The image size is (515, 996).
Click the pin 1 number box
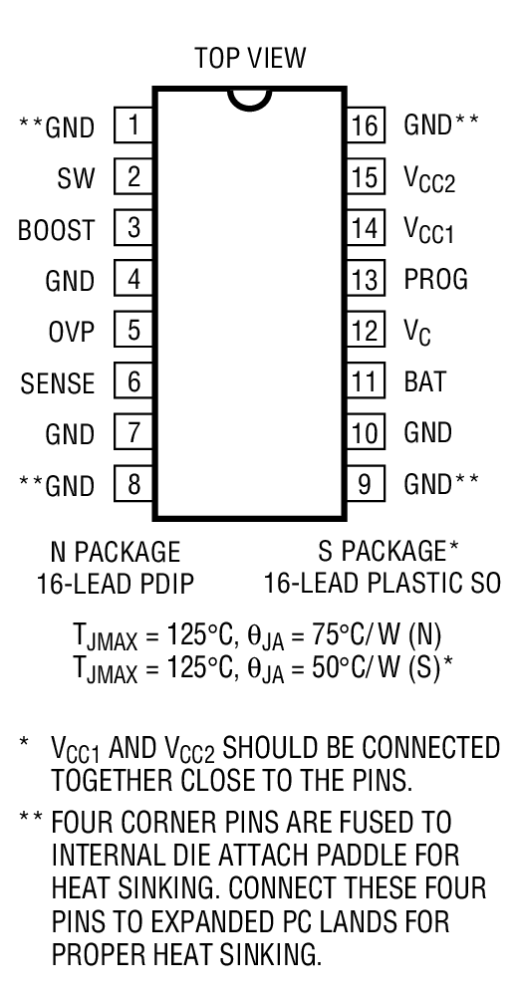coord(133,126)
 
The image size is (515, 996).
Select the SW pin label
coord(77,178)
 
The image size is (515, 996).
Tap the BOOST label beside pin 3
coord(57,229)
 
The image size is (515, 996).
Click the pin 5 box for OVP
coord(133,329)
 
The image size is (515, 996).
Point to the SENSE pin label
coord(58,382)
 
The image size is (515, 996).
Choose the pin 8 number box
coord(133,484)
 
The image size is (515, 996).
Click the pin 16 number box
coord(366,126)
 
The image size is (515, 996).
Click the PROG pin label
coord(435,280)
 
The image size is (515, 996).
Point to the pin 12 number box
coord(366,330)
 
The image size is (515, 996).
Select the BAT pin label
coord(424,381)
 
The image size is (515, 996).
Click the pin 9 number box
coord(366,484)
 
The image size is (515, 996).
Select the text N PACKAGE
coord(115,551)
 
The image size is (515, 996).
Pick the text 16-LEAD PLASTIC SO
coord(382,583)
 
